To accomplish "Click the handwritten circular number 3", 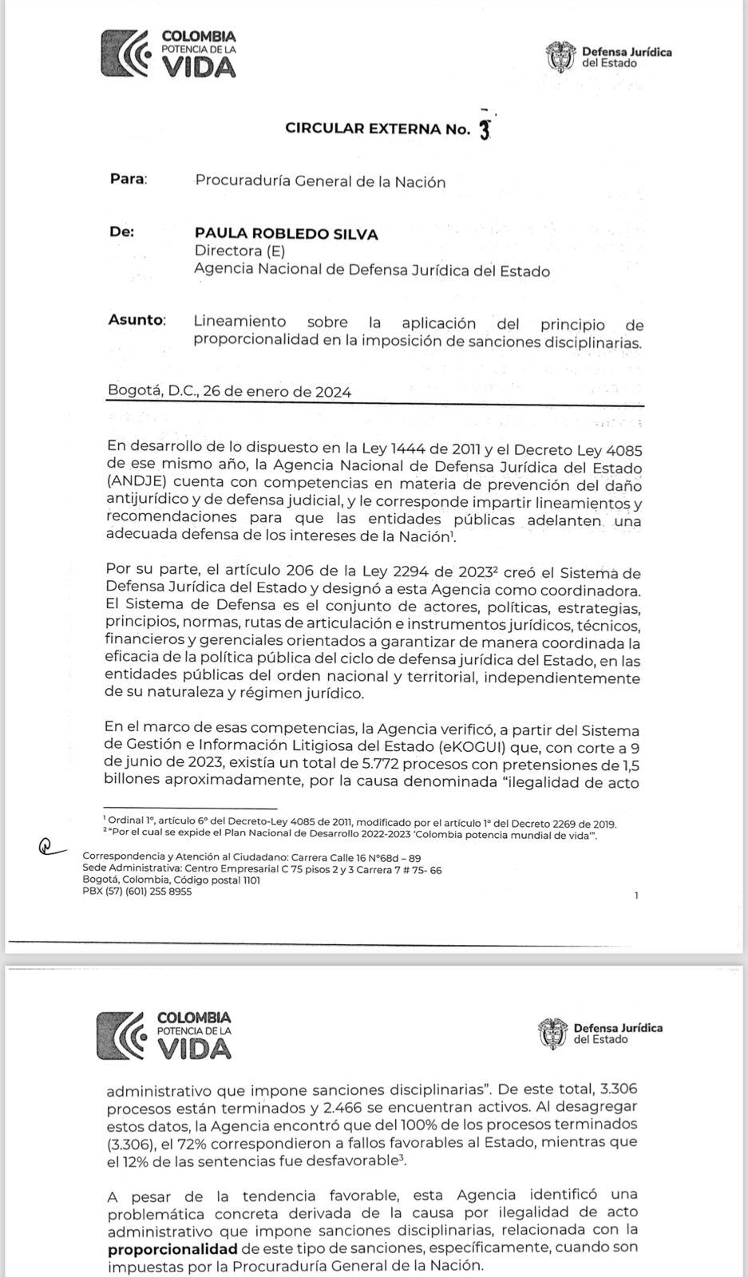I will click(x=484, y=130).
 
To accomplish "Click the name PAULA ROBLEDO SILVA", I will click(x=286, y=234).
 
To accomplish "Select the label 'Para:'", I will click(x=129, y=179).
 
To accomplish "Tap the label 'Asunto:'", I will click(x=137, y=321).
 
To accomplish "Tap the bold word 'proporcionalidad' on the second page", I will click(x=172, y=1249).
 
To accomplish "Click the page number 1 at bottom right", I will click(x=636, y=895).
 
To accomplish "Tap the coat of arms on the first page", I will click(x=560, y=56).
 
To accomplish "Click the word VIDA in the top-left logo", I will click(x=199, y=67).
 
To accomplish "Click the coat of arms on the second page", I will click(x=552, y=1034).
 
